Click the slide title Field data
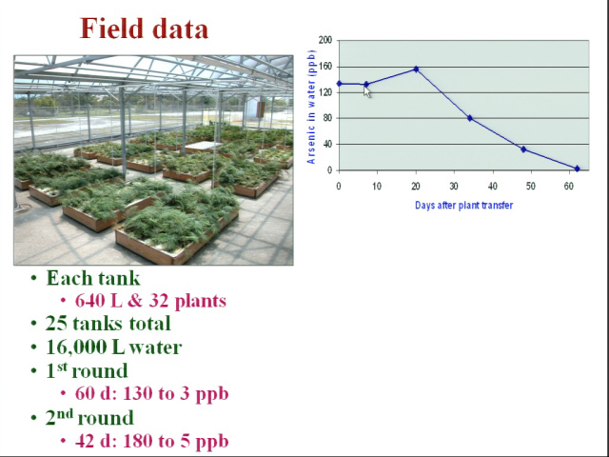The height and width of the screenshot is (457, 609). (144, 29)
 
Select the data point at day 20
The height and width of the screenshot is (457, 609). (416, 70)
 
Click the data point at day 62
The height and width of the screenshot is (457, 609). (577, 169)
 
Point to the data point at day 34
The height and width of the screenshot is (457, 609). (470, 118)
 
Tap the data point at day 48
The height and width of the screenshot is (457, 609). (523, 149)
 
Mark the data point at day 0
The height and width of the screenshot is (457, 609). (339, 84)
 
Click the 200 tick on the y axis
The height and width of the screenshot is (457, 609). (325, 40)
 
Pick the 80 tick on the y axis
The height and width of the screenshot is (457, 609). (327, 118)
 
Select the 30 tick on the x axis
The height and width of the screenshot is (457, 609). (454, 187)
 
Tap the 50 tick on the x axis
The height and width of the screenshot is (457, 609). (531, 187)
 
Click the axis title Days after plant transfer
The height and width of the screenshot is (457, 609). (463, 206)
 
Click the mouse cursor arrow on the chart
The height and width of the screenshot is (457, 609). (367, 91)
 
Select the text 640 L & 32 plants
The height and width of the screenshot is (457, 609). (150, 301)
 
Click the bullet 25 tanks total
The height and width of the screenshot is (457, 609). (108, 324)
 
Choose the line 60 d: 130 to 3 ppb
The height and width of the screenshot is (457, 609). (151, 394)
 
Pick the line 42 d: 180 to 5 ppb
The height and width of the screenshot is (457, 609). (151, 441)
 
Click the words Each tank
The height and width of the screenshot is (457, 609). (93, 278)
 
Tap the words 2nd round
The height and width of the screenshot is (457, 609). (89, 417)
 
